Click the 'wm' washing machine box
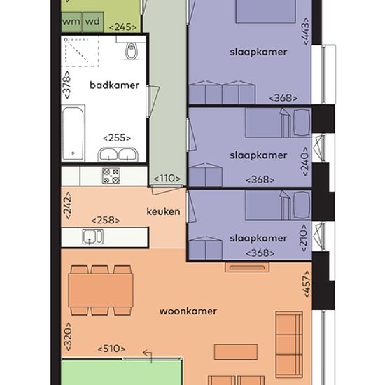pyautogui.click(x=71, y=22)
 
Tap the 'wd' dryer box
pyautogui.click(x=93, y=22)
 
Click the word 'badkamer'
pyautogui.click(x=114, y=85)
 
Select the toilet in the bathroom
pyautogui.click(x=132, y=51)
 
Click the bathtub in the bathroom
pyautogui.click(x=73, y=133)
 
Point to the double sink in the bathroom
pyautogui.click(x=118, y=155)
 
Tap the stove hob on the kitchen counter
pyautogui.click(x=111, y=176)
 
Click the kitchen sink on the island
pyautogui.click(x=93, y=237)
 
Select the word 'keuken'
pyautogui.click(x=163, y=211)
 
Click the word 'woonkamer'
pyautogui.click(x=188, y=311)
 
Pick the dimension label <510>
pyautogui.click(x=112, y=349)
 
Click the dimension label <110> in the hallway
pyautogui.click(x=167, y=178)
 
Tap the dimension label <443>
pyautogui.click(x=306, y=31)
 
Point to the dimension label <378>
pyautogui.click(x=66, y=85)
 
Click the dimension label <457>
pyautogui.click(x=307, y=284)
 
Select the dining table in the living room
pyautogui.click(x=101, y=290)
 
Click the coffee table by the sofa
pyautogui.click(x=236, y=352)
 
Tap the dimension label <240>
pyautogui.click(x=305, y=161)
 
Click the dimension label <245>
pyautogui.click(x=122, y=27)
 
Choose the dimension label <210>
pyautogui.click(x=304, y=238)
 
